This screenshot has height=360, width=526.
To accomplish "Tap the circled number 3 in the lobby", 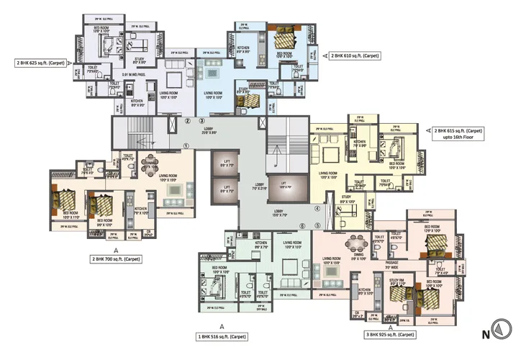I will (x=202, y=121).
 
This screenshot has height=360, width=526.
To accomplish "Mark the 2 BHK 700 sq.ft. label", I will (x=115, y=258).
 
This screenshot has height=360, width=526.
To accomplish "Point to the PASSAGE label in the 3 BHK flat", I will (x=392, y=263).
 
